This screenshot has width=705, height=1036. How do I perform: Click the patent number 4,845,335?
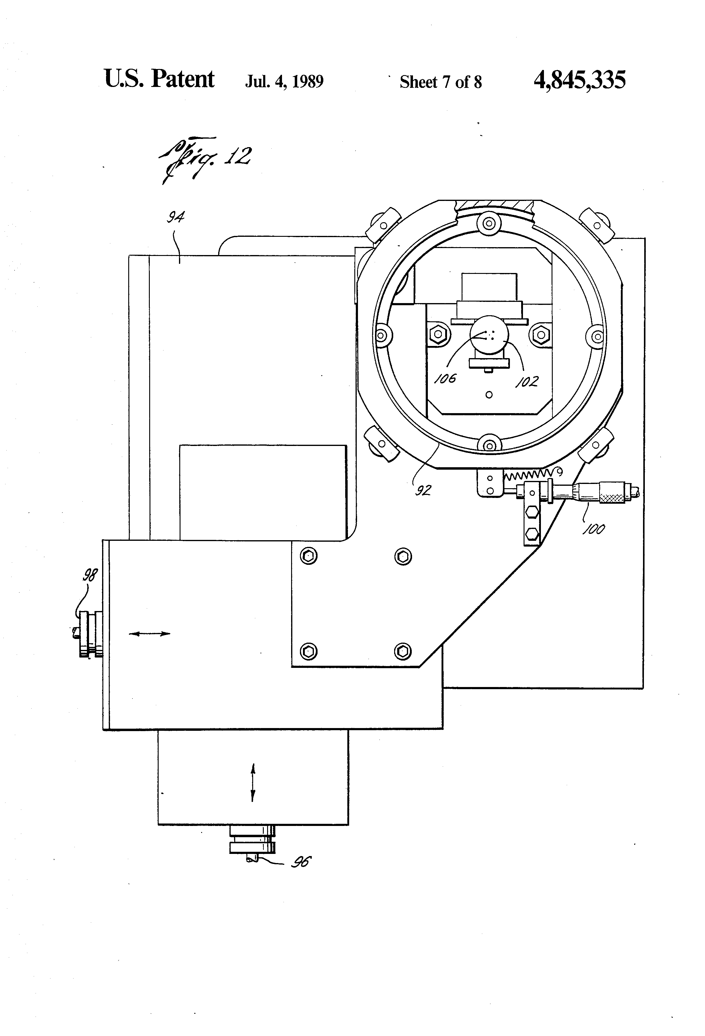click(x=579, y=80)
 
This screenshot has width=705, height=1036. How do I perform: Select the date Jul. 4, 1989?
click(x=284, y=81)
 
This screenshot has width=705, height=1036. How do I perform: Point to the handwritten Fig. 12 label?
click(x=205, y=159)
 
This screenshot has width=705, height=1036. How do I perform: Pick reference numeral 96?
click(x=301, y=862)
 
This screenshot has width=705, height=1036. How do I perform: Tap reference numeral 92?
click(x=423, y=490)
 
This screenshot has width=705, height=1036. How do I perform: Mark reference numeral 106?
click(x=445, y=378)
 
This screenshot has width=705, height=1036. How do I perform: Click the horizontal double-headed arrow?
click(x=149, y=634)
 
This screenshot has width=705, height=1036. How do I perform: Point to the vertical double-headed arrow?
click(x=253, y=782)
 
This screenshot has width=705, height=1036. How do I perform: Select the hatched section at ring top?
click(x=495, y=207)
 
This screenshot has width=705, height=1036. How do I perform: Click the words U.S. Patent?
click(x=159, y=79)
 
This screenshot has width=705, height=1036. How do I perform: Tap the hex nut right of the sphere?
click(x=541, y=333)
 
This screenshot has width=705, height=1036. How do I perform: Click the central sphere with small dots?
click(x=489, y=335)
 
